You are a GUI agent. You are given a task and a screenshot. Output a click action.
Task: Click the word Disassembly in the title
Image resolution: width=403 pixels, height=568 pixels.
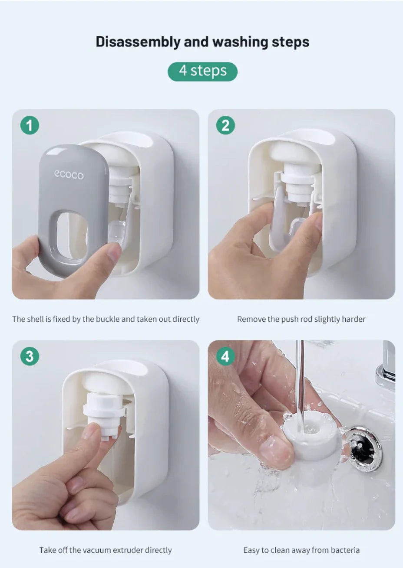coord(138,42)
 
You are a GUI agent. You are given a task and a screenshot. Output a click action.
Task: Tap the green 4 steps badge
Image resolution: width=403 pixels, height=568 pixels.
coord(202,72)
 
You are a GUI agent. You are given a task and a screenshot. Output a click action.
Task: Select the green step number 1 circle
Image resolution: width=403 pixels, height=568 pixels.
coord(30,125)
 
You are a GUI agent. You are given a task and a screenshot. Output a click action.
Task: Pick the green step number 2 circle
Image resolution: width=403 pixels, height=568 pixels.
coord(225,125)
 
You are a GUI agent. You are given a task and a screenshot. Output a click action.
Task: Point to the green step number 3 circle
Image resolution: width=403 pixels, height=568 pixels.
coord(30,356)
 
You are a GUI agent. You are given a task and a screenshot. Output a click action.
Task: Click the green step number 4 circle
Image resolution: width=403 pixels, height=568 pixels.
coord(225,356)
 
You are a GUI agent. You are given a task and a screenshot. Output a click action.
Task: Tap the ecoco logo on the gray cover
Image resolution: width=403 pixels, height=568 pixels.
coord(69,175)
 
